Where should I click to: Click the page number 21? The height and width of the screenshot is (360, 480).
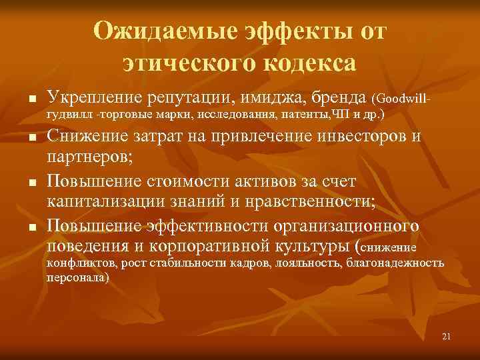coord(447,337)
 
